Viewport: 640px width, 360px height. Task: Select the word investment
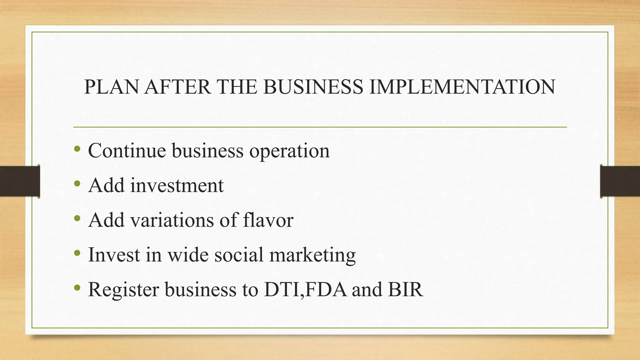coord(177,185)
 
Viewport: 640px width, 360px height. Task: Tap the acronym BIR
coord(406,289)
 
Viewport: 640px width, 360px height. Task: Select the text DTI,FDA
coord(305,290)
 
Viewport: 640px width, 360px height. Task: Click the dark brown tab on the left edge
coord(20,181)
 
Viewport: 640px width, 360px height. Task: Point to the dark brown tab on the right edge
coord(620,181)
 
